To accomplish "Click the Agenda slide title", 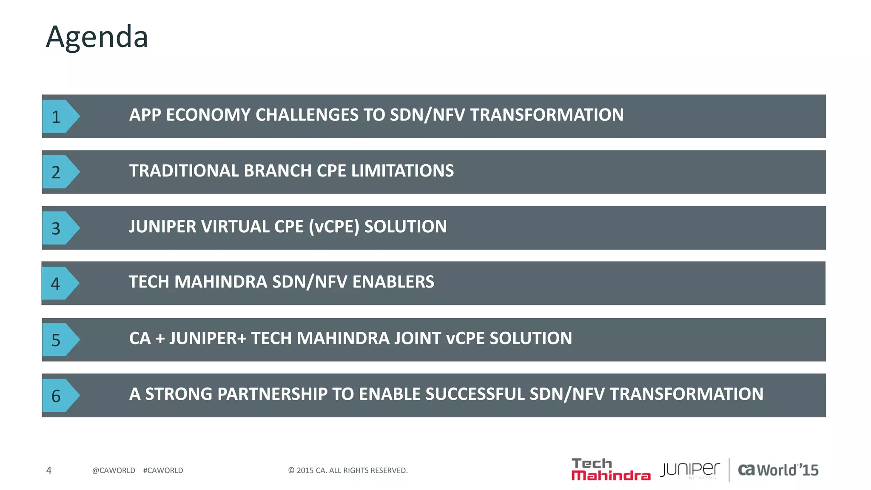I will point(97,37).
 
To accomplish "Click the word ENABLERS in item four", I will point(393,282).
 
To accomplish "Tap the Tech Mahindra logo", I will point(610,470).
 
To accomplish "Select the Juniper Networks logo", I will point(690,470).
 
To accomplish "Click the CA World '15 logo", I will point(778,470).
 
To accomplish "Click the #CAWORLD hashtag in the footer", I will point(163,470).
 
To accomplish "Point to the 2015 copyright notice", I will point(347,470).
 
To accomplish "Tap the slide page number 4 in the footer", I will point(49,470).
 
